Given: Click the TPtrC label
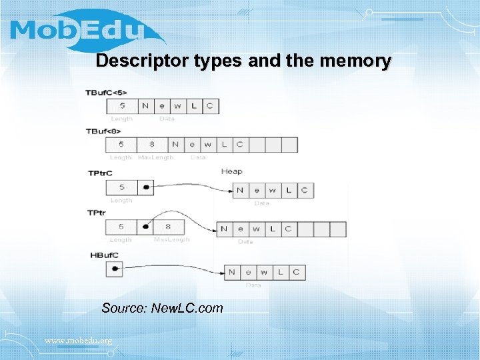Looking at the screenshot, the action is pos(100,173).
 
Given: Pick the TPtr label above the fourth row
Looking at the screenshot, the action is pos(97,213).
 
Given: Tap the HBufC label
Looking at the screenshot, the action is pos(104,255).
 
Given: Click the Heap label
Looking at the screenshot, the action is pos(231,171).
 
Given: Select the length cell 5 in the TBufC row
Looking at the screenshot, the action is pos(121,106).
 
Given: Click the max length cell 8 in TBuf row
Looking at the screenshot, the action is pos(152,144).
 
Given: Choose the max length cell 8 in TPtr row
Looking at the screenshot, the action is pos(168,227).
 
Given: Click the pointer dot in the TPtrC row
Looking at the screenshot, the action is pos(145,188).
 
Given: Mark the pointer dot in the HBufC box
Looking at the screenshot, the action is pos(115,269).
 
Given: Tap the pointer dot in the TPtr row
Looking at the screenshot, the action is pos(145,227).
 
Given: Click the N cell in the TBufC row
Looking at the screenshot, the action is pos(145,106).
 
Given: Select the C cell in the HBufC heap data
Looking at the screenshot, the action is pos(297,272).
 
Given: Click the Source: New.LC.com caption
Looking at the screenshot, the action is pos(162,308).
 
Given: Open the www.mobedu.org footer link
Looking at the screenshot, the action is pos(78,341).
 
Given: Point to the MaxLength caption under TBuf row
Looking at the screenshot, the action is pos(155,158).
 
